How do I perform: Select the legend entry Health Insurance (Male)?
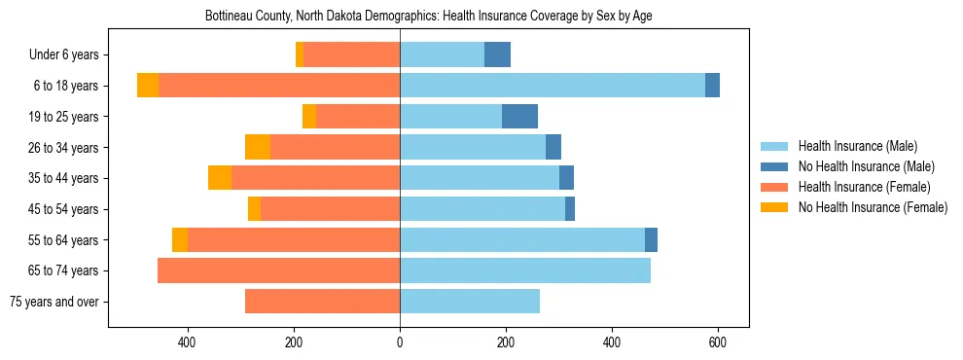[857, 146]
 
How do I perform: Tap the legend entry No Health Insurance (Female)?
[872, 207]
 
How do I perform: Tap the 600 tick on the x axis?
[718, 342]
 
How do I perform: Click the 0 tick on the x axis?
[400, 342]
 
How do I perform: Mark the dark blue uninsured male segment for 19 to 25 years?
[519, 117]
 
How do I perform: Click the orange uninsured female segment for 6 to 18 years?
[148, 86]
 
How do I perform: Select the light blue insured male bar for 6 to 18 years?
[553, 86]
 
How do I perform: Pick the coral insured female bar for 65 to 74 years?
[278, 270]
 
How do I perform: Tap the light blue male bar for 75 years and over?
[470, 302]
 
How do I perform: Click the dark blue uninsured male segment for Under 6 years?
[497, 54]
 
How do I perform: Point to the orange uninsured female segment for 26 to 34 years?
[258, 147]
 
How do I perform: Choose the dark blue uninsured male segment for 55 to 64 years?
[651, 239]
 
